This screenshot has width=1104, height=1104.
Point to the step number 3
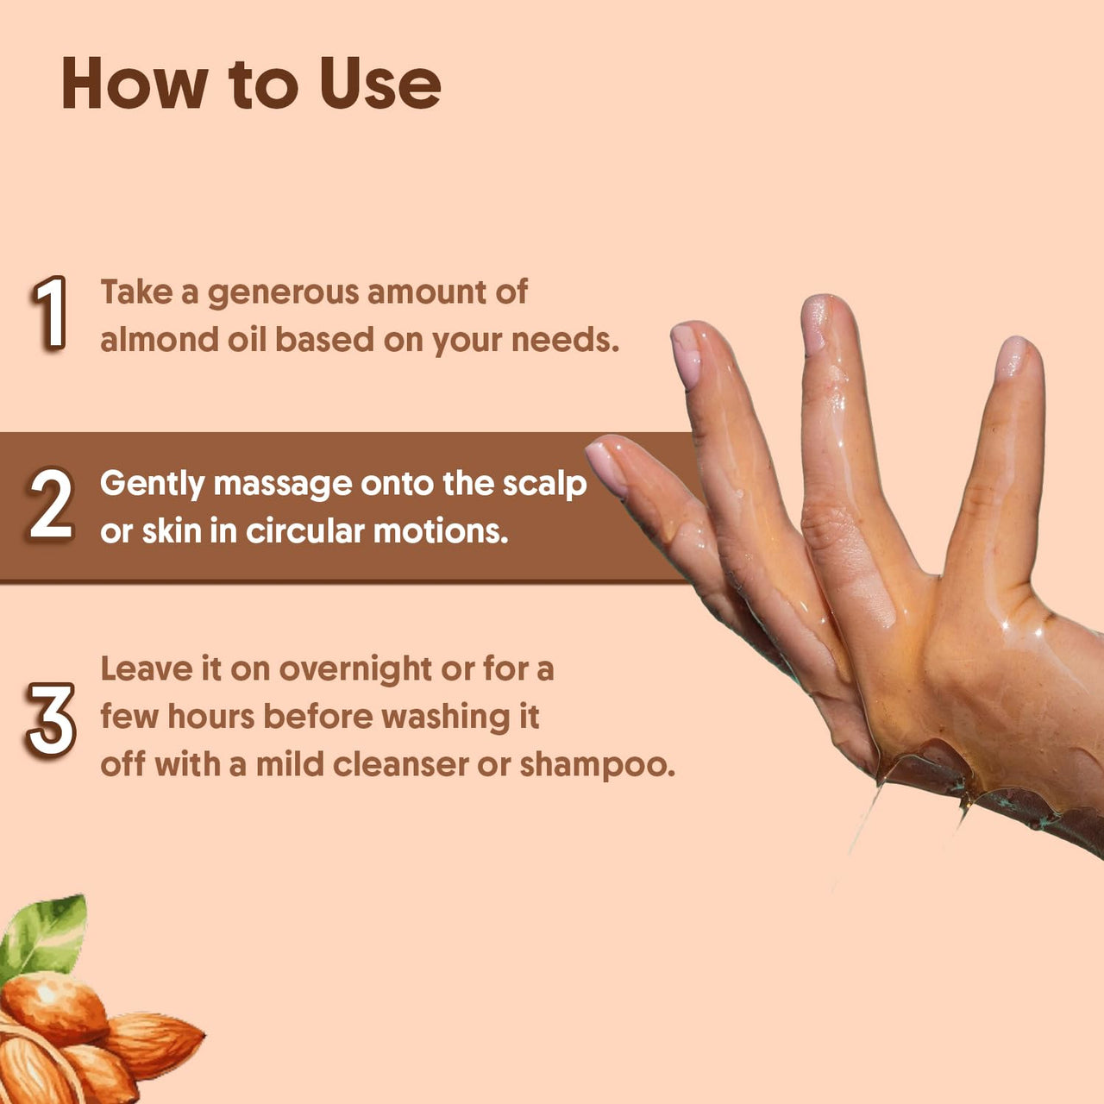tap(51, 719)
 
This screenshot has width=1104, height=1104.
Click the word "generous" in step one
tap(283, 293)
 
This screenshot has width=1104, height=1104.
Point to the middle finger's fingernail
tap(814, 323)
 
